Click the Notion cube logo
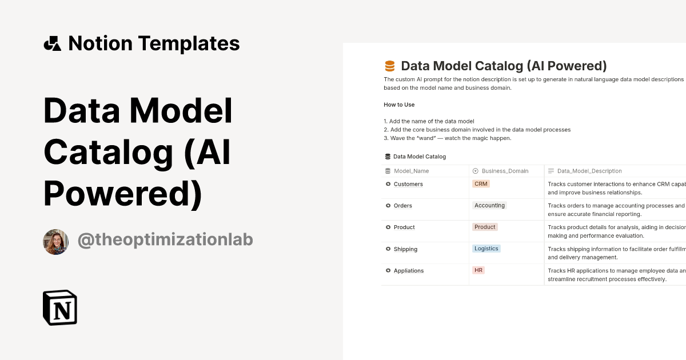(x=60, y=307)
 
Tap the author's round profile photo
(x=56, y=242)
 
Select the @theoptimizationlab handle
(x=165, y=240)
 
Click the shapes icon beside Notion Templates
(x=52, y=43)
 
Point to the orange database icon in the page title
(x=390, y=66)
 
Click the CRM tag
(x=481, y=184)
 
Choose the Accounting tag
(x=489, y=206)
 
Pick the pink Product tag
(x=485, y=227)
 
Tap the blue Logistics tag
(x=486, y=249)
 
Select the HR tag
(x=478, y=270)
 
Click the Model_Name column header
(x=411, y=171)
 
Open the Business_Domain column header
(x=505, y=171)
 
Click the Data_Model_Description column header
(x=589, y=171)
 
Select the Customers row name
(x=408, y=184)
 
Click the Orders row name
(x=402, y=206)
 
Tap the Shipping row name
(x=405, y=249)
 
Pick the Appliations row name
(x=409, y=271)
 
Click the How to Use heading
(x=399, y=105)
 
